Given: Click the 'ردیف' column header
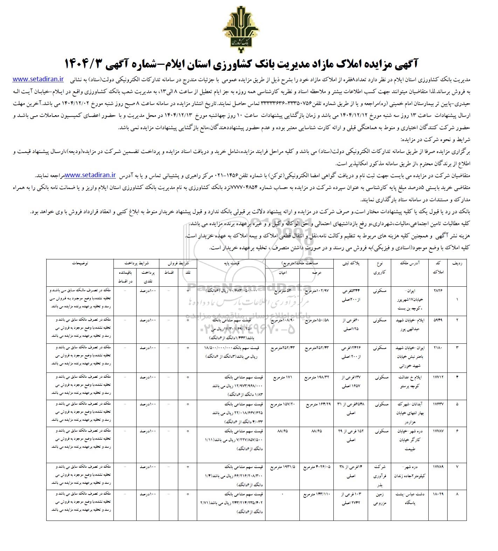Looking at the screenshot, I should click(x=458, y=263).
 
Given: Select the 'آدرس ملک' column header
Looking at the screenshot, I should click(x=409, y=263).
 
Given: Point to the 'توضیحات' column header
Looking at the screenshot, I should click(x=80, y=263).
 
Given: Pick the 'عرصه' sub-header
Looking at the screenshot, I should click(x=317, y=272).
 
